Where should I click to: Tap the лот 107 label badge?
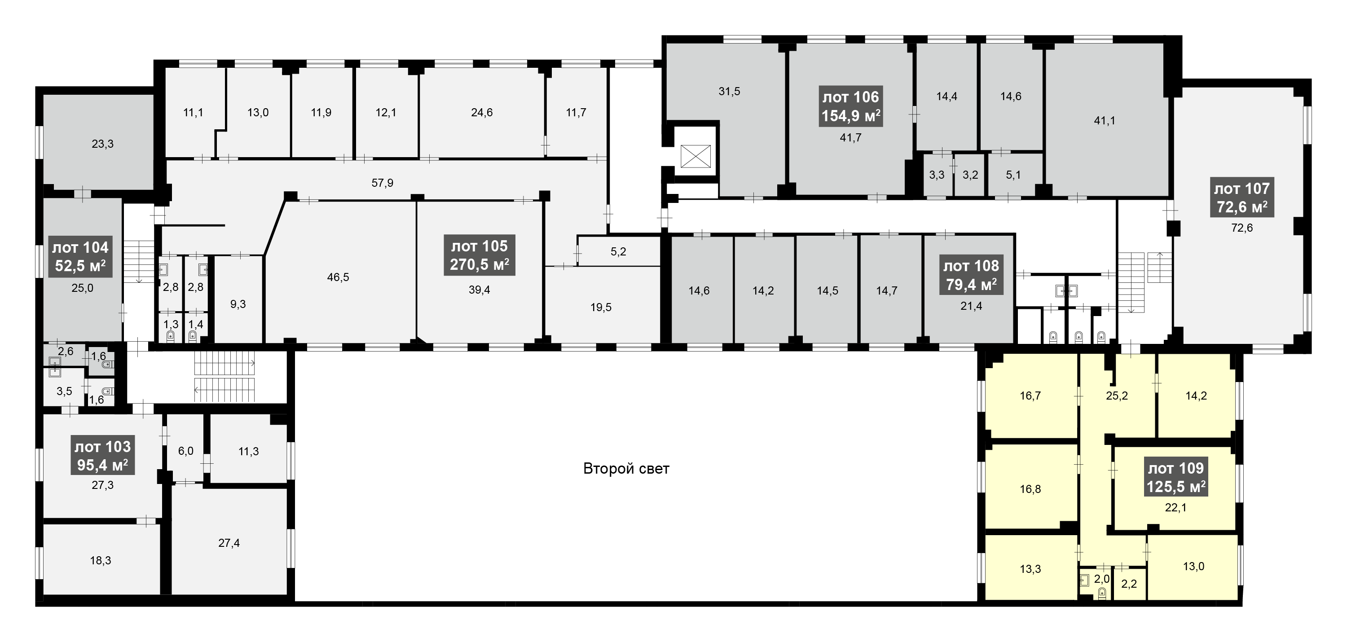tap(1242, 198)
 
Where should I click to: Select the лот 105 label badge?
tap(480, 255)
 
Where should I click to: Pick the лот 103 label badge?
tap(103, 456)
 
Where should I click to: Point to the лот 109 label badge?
tap(1176, 477)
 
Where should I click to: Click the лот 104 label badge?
tap(80, 257)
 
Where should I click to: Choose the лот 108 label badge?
tap(971, 276)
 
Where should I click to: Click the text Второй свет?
tap(626, 468)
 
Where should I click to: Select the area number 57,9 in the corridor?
tap(382, 183)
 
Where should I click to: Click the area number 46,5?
tap(338, 277)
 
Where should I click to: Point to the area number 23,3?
tap(102, 144)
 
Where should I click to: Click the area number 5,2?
tap(618, 252)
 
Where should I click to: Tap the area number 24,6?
tap(482, 112)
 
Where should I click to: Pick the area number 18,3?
tap(101, 560)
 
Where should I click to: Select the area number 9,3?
tap(238, 304)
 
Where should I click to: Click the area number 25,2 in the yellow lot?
tap(1117, 396)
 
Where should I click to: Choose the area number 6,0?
tap(185, 451)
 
